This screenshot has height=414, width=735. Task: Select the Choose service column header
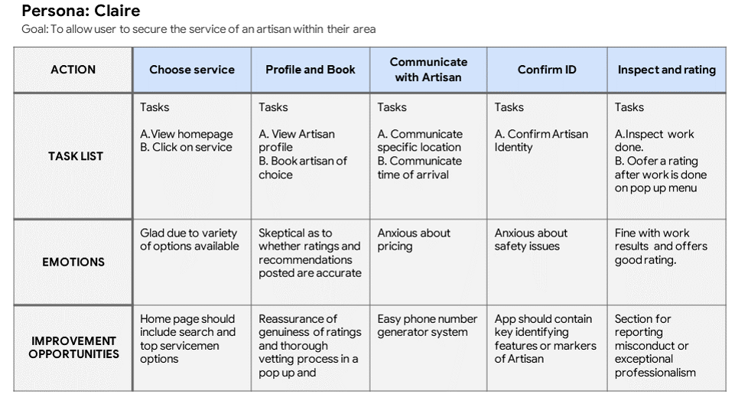(192, 70)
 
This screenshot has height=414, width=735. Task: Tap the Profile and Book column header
(310, 70)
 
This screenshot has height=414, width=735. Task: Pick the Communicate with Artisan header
(428, 70)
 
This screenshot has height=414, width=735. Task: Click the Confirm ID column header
(547, 70)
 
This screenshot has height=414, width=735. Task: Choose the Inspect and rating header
(666, 70)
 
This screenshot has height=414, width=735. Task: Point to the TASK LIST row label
(75, 156)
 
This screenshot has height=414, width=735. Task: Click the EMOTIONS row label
(73, 262)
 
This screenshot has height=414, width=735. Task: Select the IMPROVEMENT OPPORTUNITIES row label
(73, 347)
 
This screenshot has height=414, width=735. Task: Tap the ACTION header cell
(73, 70)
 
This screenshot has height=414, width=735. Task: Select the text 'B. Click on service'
(186, 148)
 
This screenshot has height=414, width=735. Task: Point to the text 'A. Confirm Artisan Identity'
(541, 141)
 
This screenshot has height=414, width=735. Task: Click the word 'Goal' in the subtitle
(33, 29)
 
